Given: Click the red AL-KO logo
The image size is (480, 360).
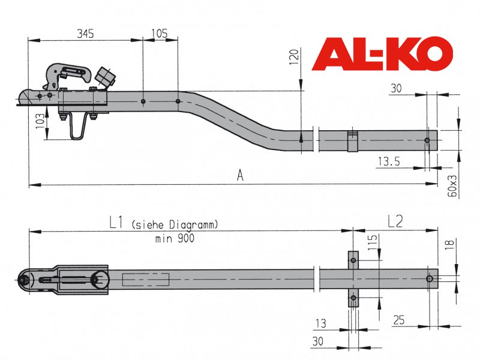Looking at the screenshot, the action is tap(382, 54).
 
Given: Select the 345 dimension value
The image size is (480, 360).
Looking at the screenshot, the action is tap(85, 34).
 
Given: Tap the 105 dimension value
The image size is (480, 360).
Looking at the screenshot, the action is tap(160, 34).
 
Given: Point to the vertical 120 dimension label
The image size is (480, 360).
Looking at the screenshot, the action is tap(294, 56).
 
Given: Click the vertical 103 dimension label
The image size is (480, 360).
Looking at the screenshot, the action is tap(40, 121).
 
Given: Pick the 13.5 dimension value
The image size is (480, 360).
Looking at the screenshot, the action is tap(389, 161).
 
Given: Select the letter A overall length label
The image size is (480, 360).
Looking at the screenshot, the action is tap(241, 176).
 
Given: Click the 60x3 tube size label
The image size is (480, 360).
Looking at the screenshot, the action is tap(452, 186).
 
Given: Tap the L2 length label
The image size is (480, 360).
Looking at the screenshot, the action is tap(395, 221).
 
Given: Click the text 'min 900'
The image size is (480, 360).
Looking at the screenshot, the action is tap(175, 238).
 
